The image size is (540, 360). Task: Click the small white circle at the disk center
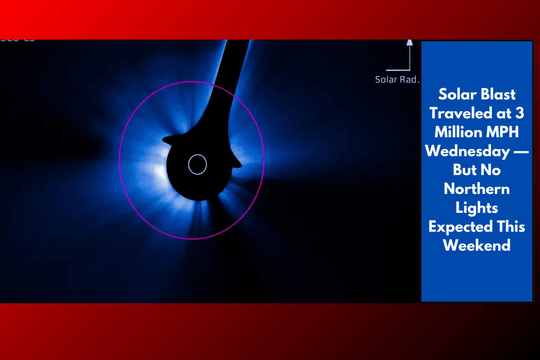pos(197,165)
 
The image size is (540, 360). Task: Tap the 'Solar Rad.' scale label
pos(397,80)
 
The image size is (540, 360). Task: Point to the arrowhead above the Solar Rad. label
pos(409,43)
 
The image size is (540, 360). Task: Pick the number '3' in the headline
pos(520,113)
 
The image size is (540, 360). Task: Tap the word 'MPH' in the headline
pos(504,132)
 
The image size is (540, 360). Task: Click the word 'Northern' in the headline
pos(477,189)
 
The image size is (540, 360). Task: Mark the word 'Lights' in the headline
pos(477,208)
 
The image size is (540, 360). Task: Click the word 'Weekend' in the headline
pos(477,246)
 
